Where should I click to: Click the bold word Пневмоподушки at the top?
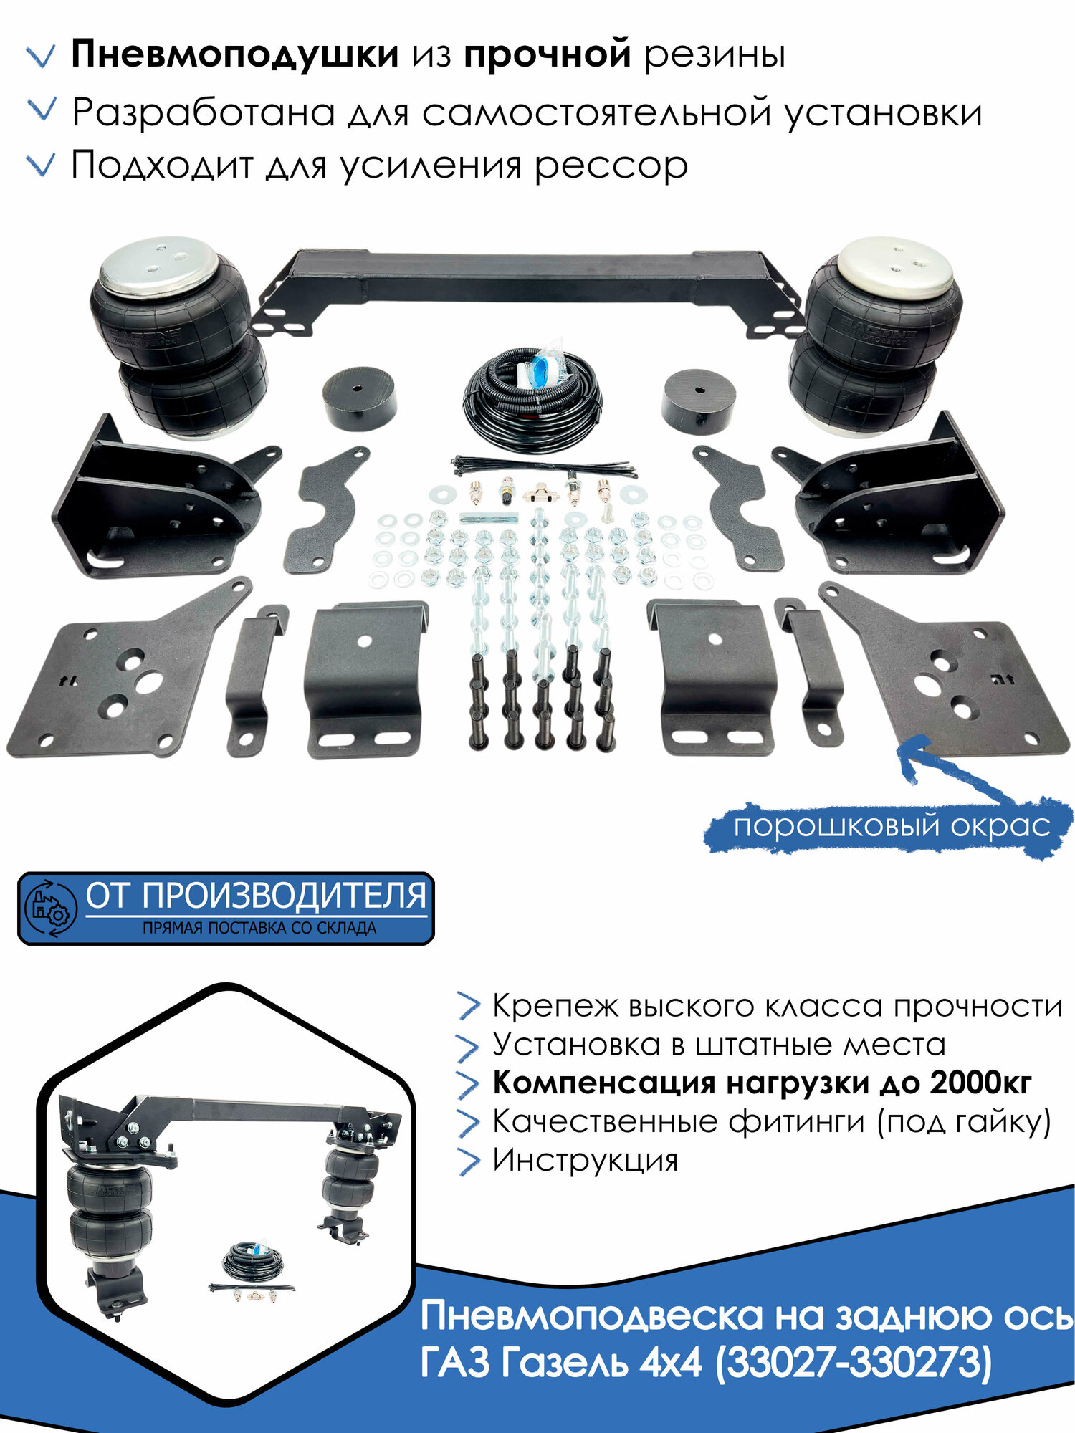tap(234, 54)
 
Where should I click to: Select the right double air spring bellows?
tap(874, 337)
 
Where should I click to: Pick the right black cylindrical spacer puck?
tap(699, 401)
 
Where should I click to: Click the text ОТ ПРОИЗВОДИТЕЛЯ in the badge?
tap(256, 896)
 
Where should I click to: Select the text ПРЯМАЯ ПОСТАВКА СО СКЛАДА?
tap(259, 928)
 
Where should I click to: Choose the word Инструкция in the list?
tap(585, 1160)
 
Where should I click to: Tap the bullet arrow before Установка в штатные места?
tap(467, 1046)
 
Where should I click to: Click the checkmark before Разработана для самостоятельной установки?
tap(41, 110)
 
